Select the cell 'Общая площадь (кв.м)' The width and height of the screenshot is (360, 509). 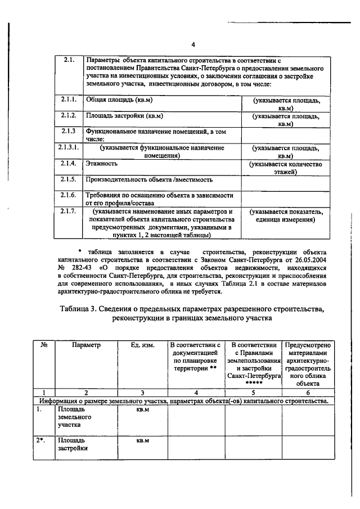pyautogui.click(x=119, y=100)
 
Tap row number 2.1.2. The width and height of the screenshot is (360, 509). pyautogui.click(x=69, y=115)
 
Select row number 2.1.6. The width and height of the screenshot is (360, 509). pyautogui.click(x=69, y=195)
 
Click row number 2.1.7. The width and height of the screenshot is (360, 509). pyautogui.click(x=69, y=211)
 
